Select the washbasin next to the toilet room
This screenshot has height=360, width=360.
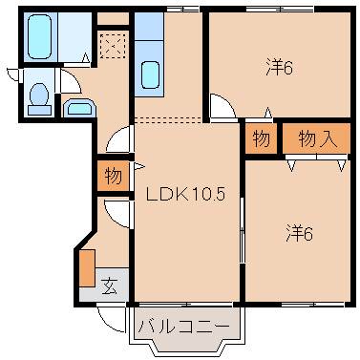(x=77, y=109)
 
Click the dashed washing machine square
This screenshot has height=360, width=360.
(x=112, y=45)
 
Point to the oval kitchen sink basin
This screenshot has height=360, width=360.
(x=150, y=74)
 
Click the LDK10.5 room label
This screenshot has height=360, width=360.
(x=184, y=195)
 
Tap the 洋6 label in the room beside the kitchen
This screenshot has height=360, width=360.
(x=277, y=68)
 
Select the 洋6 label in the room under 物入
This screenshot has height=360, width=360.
(x=300, y=232)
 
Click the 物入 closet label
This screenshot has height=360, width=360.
(x=318, y=138)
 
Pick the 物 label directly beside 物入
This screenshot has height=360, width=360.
(x=261, y=138)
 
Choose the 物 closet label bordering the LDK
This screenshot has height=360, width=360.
(x=113, y=177)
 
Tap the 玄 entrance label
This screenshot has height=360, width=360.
(x=110, y=284)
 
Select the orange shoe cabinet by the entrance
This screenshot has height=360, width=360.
(x=87, y=268)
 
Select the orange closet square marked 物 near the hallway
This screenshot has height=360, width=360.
(x=113, y=177)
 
